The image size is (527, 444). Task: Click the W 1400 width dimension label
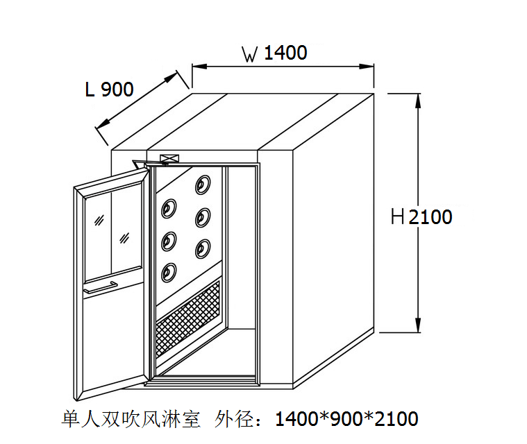click(274, 53)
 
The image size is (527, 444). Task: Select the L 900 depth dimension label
click(109, 89)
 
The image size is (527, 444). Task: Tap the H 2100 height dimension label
click(421, 217)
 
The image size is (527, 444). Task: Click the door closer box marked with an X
click(168, 159)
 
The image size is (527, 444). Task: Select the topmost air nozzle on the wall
click(203, 184)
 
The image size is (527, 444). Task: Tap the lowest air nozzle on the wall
click(169, 272)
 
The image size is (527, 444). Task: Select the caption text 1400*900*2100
click(346, 419)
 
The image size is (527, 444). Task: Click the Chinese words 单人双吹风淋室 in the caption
click(131, 419)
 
